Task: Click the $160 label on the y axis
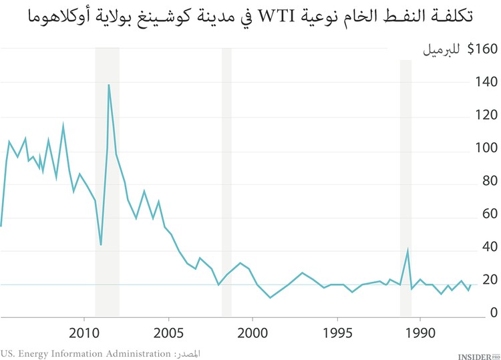point(482,49)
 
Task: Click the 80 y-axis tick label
point(490,181)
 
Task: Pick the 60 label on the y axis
point(490,214)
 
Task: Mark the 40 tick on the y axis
point(490,247)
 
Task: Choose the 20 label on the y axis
point(490,280)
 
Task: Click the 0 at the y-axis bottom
point(494,313)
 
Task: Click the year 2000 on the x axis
point(253,333)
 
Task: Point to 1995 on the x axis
point(337,333)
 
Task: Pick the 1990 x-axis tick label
point(420,333)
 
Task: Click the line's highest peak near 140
point(108,85)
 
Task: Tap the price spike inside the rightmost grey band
point(407,250)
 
